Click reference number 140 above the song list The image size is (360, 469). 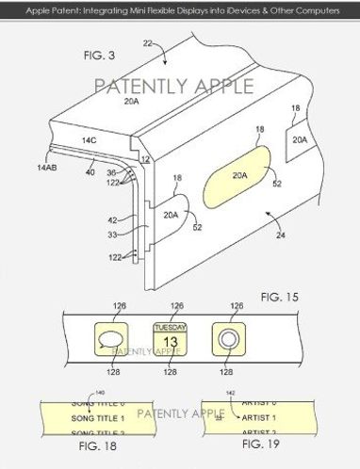[73, 392]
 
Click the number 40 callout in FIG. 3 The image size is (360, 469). [90, 172]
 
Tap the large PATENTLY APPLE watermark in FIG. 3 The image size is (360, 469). [173, 87]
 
